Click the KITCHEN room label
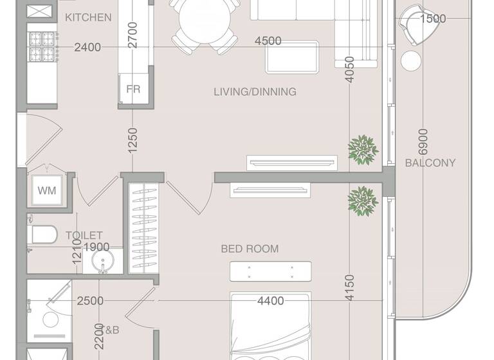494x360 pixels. [88, 17]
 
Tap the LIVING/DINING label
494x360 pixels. [255, 92]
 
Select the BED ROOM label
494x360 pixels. [250, 249]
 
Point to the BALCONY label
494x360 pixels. [430, 163]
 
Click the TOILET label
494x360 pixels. [84, 236]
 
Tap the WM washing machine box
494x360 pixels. [46, 190]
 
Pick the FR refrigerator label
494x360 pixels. [133, 89]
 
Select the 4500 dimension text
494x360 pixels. [268, 41]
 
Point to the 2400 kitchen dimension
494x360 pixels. [87, 47]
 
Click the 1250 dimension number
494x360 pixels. [133, 139]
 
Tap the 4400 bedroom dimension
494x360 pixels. [271, 300]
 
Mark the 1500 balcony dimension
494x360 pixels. [432, 19]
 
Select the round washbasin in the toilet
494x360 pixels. [102, 262]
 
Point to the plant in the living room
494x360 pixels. [363, 148]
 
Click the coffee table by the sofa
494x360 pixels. [293, 57]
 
